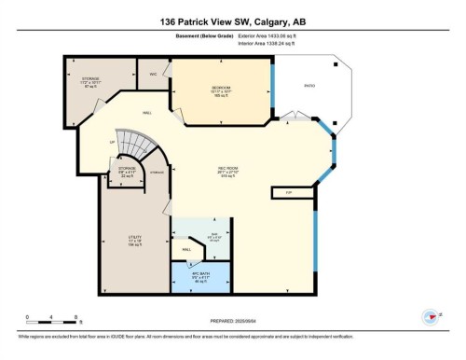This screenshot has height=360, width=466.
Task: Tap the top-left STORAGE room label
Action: click(90, 81)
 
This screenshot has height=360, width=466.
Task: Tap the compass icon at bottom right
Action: click(431, 316)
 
